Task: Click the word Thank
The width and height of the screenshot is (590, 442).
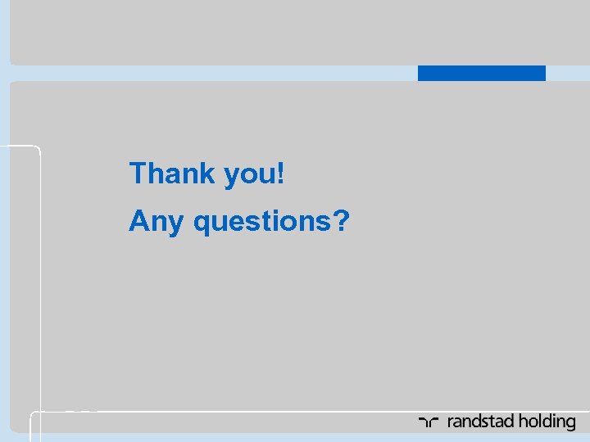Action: pyautogui.click(x=171, y=174)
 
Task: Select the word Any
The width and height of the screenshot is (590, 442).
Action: pyautogui.click(x=156, y=221)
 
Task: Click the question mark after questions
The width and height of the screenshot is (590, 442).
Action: pyautogui.click(x=341, y=220)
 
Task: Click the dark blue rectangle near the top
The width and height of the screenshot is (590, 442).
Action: pyautogui.click(x=481, y=73)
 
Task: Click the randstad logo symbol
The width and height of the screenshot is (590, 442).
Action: pyautogui.click(x=429, y=422)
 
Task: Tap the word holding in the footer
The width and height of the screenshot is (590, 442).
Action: pyautogui.click(x=547, y=422)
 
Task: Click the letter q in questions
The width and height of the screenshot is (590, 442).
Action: pyautogui.click(x=202, y=223)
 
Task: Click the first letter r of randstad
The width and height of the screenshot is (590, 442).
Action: pyautogui.click(x=450, y=423)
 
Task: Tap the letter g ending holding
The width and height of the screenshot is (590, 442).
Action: pyautogui.click(x=570, y=424)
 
